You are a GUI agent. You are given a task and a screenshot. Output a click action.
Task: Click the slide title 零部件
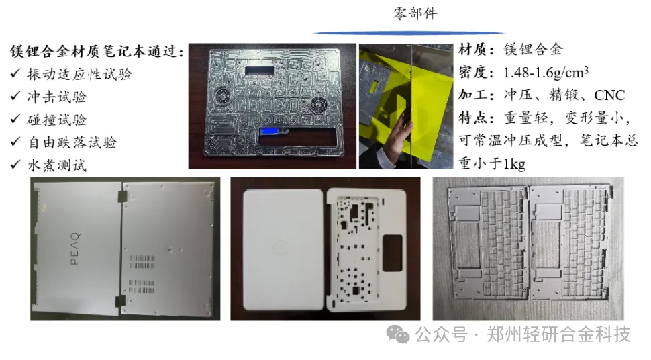tap(415, 13)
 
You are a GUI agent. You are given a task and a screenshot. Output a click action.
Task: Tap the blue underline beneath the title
tap(409, 32)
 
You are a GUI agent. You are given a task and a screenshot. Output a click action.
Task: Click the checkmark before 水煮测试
tap(15, 165)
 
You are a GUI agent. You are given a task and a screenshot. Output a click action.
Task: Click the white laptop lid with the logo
tap(281, 248)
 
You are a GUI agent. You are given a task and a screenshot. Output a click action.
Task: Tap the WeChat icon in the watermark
tap(399, 333)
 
